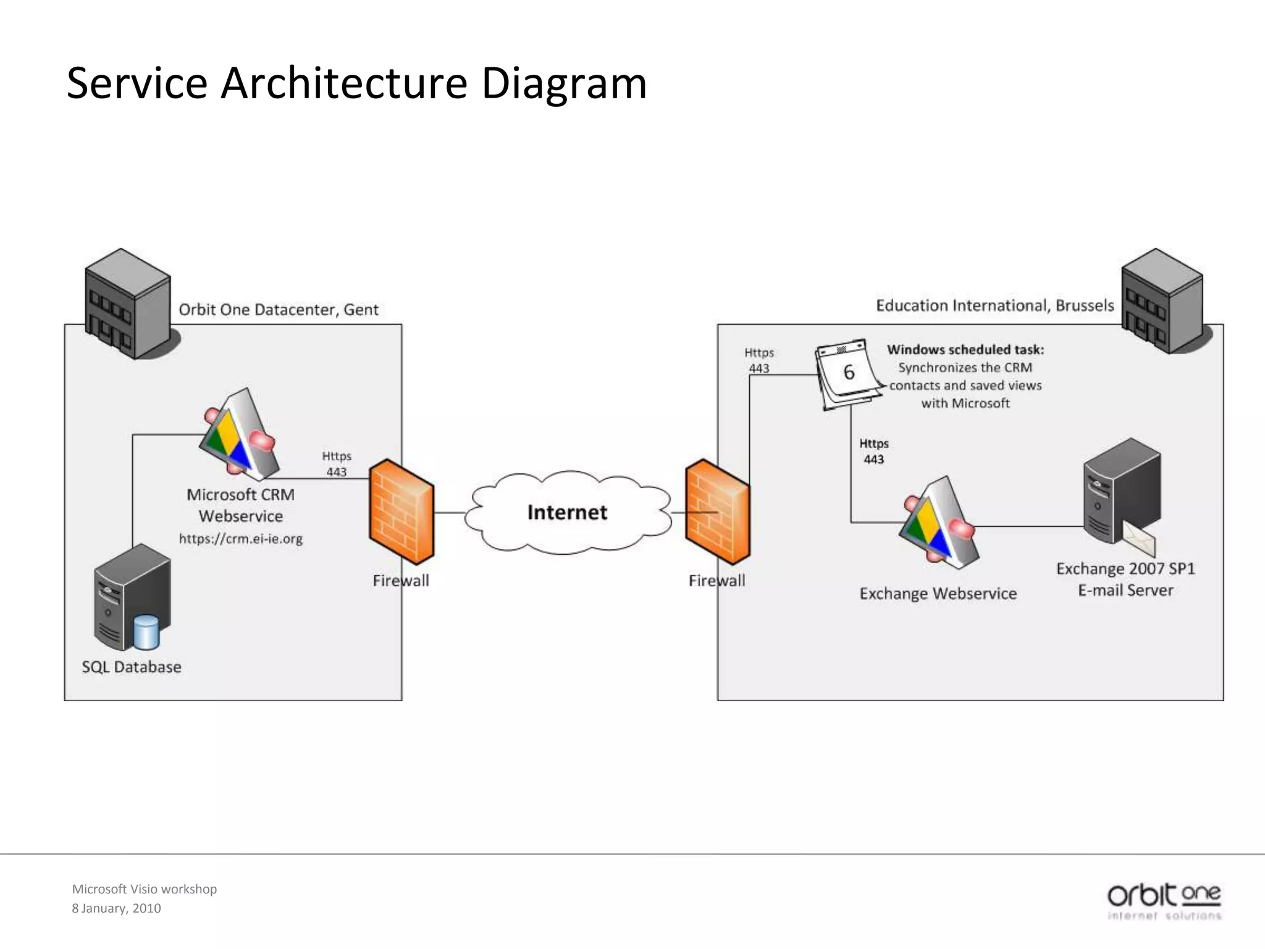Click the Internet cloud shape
tap(567, 512)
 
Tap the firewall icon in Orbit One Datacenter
tap(401, 511)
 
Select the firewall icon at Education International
tap(718, 511)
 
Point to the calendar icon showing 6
tap(848, 373)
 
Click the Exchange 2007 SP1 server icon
tap(1121, 491)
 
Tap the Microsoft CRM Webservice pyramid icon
tap(240, 436)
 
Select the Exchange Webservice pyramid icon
tap(939, 523)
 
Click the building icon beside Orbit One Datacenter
tap(128, 303)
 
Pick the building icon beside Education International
tap(1162, 301)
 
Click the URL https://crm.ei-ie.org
tap(240, 539)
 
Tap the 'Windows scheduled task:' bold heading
tap(965, 350)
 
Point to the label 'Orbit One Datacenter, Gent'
tap(279, 310)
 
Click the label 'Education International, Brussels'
tap(994, 306)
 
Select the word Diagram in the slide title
tap(563, 83)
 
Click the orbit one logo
tap(1164, 901)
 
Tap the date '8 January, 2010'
tap(116, 908)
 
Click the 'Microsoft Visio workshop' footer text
tap(145, 889)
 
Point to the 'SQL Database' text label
tap(132, 667)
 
